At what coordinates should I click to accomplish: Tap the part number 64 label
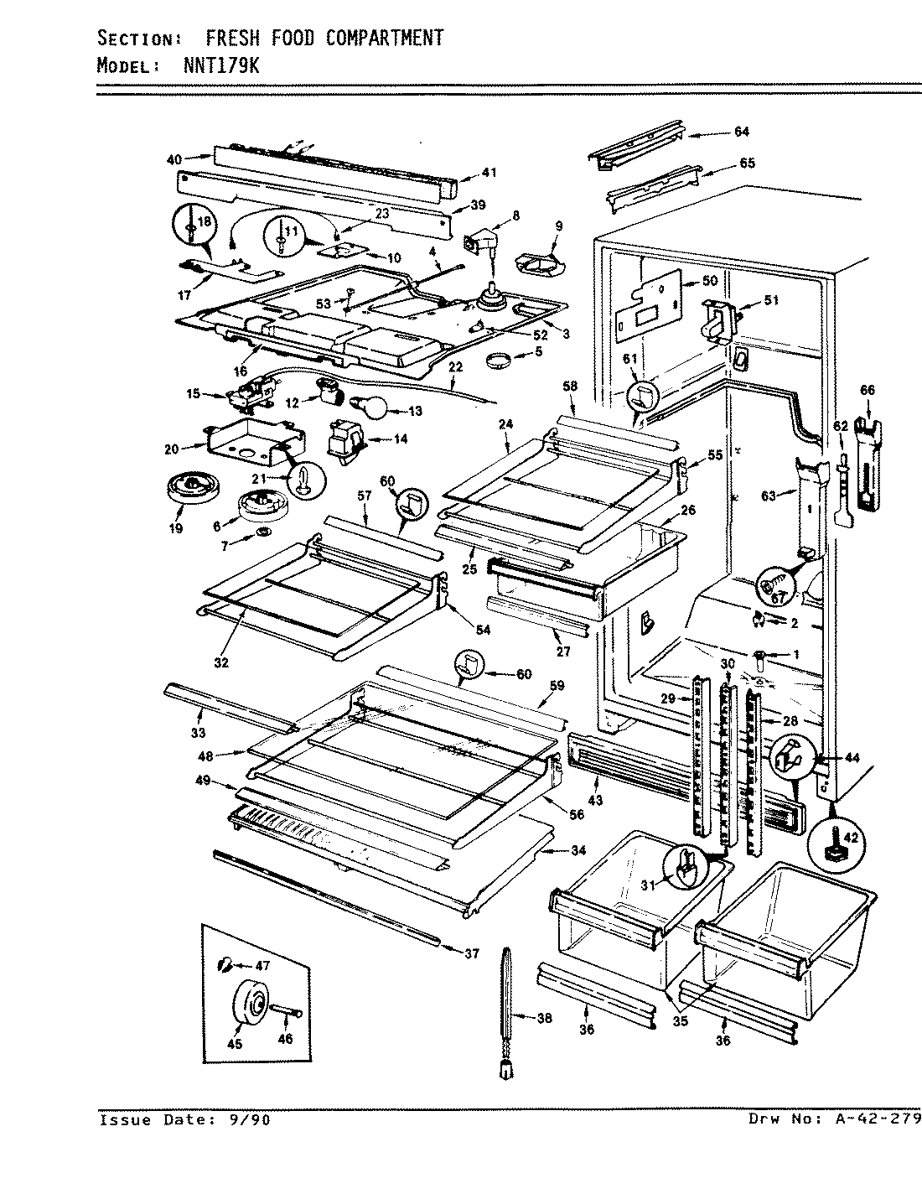coord(741,132)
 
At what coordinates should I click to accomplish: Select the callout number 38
coord(544,1019)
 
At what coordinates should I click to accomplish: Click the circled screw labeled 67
coord(774,587)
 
